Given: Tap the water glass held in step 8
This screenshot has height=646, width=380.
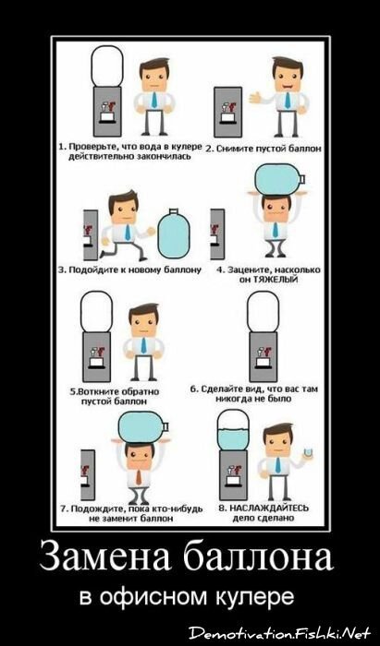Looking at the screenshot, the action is (306, 452).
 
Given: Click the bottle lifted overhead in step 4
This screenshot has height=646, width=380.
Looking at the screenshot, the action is (280, 179).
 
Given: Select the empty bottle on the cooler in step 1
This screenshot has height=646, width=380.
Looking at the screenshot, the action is (107, 66).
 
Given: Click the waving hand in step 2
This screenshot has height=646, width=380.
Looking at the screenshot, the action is (255, 98).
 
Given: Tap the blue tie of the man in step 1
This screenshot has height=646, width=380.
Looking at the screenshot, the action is (153, 100).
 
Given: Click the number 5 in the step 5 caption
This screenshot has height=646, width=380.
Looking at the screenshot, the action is (72, 391).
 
